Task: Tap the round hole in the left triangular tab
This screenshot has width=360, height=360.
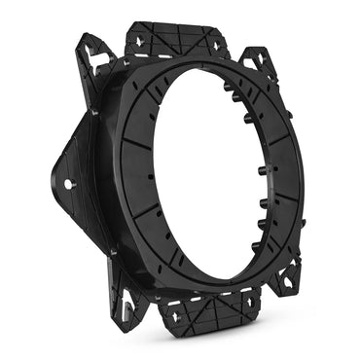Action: click(68, 184)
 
